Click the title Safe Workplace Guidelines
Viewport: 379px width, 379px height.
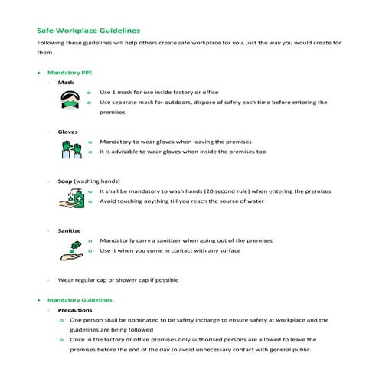88,31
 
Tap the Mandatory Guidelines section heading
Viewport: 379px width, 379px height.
80,300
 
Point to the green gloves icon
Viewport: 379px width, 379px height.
71,147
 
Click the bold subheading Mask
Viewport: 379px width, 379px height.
66,82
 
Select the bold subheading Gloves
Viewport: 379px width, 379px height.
67,132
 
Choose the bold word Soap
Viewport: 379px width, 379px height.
65,181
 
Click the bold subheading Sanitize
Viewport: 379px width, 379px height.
69,230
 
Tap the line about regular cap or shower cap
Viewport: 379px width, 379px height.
119,280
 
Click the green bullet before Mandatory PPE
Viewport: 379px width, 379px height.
39,72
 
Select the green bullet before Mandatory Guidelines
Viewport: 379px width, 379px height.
39,300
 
